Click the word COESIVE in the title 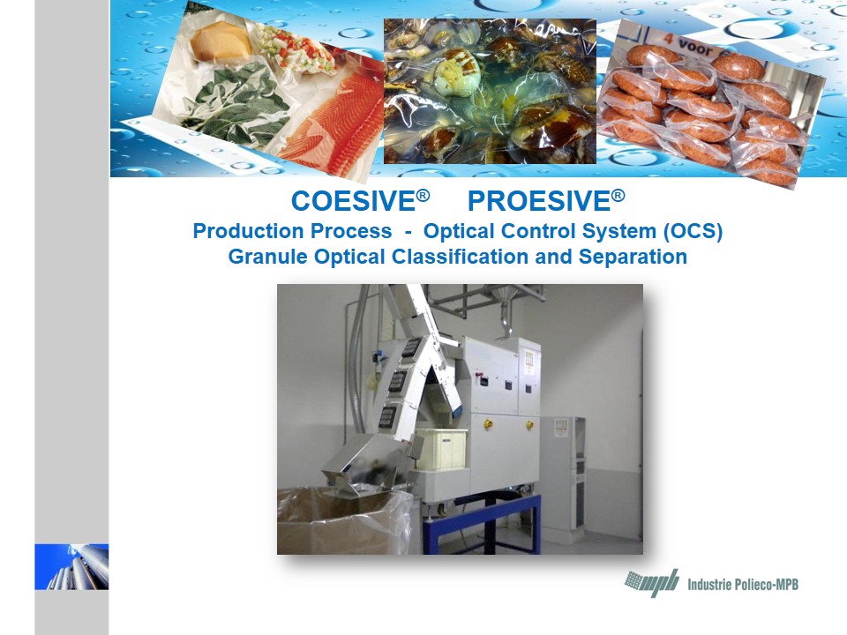coord(354,201)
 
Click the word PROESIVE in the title coord(539,201)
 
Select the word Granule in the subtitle coord(268,257)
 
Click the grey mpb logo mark coord(652,583)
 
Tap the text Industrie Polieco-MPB coord(743,584)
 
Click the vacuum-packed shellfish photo coord(490,91)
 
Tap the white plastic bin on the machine coord(442,448)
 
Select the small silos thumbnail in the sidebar coord(71,566)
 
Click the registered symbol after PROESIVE coord(618,194)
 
